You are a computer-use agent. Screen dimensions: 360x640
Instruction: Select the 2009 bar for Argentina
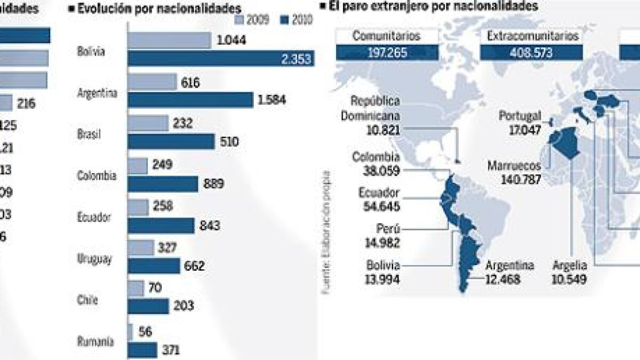[152, 82]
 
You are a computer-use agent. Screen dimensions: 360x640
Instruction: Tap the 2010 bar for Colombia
[163, 183]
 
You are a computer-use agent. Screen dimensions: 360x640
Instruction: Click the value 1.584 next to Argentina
[272, 100]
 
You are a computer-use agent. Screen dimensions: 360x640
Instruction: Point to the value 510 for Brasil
[230, 142]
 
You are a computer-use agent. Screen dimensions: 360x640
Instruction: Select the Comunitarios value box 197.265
[387, 53]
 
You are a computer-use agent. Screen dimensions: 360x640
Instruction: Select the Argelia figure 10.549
[570, 277]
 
